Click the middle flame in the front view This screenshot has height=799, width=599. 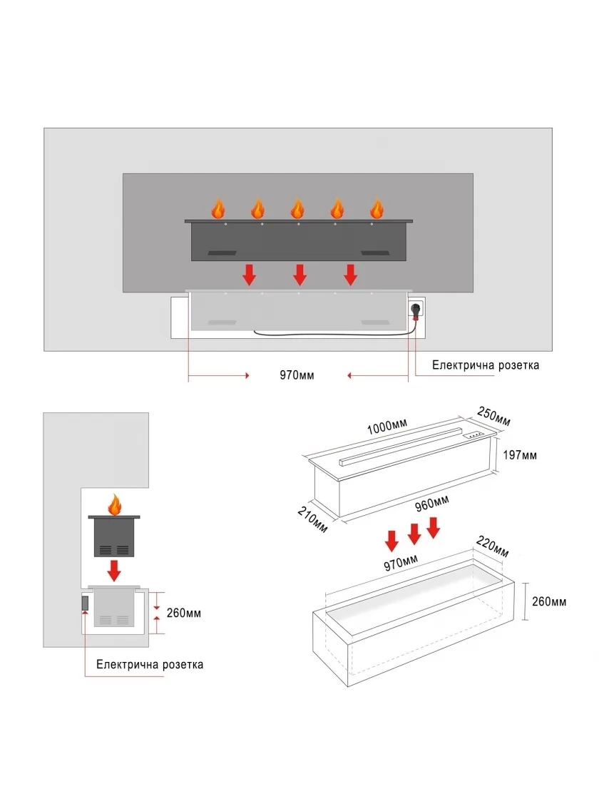tap(297, 208)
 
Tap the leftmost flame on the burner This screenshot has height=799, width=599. tap(218, 208)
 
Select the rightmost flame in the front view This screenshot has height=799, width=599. tap(377, 208)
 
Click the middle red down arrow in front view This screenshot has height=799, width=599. tap(299, 274)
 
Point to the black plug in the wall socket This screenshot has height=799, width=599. tap(414, 310)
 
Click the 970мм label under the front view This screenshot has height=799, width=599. tap(297, 375)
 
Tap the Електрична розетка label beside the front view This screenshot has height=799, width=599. tap(486, 365)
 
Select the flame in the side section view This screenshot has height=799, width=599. tap(114, 505)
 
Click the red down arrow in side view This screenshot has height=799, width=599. tap(113, 570)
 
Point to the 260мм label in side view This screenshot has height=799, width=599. tap(184, 611)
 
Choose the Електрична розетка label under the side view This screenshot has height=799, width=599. tap(150, 664)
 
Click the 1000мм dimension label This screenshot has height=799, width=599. tap(386, 427)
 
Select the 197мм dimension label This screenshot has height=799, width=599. tap(520, 454)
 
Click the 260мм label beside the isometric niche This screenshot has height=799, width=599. tap(549, 601)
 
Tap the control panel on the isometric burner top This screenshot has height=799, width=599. tap(473, 434)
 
